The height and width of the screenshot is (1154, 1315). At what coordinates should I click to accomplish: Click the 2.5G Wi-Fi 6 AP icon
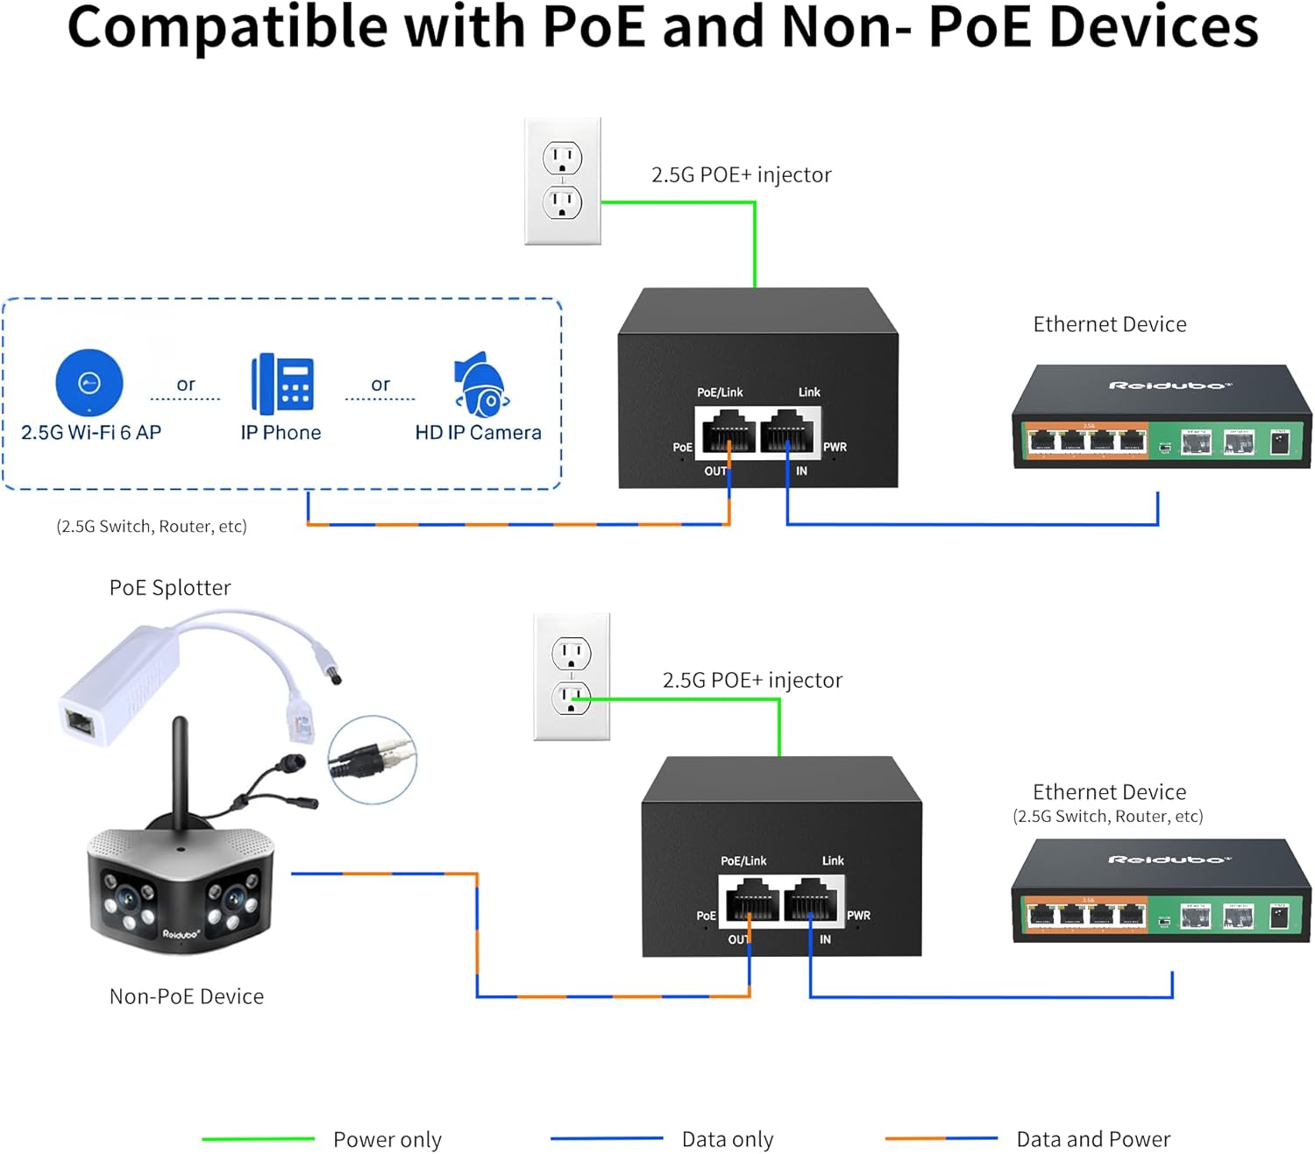pyautogui.click(x=89, y=382)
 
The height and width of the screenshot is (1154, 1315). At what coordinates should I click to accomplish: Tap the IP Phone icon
pyautogui.click(x=282, y=384)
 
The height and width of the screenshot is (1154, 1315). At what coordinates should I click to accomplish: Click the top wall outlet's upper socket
pyautogui.click(x=562, y=159)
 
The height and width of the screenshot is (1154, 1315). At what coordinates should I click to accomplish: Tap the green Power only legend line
pyautogui.click(x=258, y=1138)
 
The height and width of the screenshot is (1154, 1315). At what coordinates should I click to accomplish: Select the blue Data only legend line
pyautogui.click(x=607, y=1138)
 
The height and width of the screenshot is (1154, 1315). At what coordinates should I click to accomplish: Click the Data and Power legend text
pyautogui.click(x=1092, y=1139)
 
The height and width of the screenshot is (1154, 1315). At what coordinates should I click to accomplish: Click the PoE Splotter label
pyautogui.click(x=170, y=587)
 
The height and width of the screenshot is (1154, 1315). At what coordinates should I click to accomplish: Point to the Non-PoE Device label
pyautogui.click(x=186, y=996)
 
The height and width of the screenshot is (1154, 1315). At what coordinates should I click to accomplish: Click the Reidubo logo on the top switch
pyautogui.click(x=1169, y=386)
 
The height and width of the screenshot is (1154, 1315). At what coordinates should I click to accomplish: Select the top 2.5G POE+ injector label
pyautogui.click(x=741, y=174)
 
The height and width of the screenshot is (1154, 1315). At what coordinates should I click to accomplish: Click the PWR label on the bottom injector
pyautogui.click(x=858, y=916)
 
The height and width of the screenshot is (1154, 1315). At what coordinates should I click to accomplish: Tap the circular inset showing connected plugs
pyautogui.click(x=373, y=760)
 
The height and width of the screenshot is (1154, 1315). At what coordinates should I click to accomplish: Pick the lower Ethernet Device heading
pyautogui.click(x=1109, y=792)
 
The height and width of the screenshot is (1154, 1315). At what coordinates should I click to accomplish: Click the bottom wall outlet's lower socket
pyautogui.click(x=572, y=697)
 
